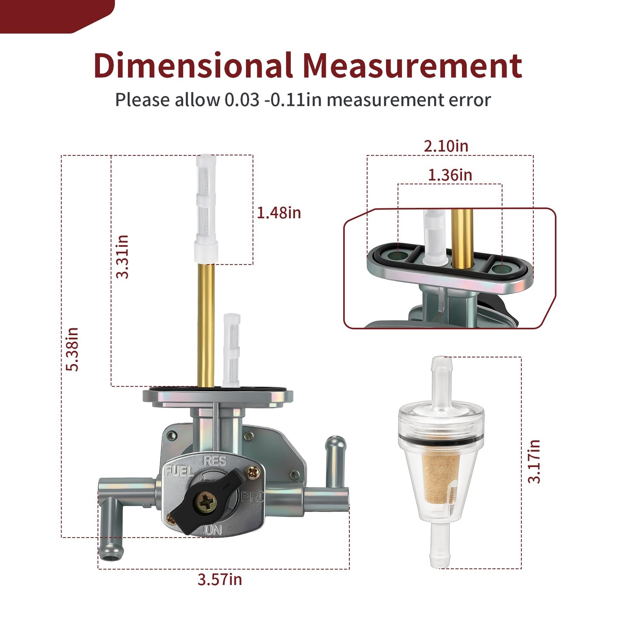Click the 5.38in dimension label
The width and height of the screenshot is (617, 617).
[x=72, y=349]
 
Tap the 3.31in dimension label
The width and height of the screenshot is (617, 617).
[x=122, y=257]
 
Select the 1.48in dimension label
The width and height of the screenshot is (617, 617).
[x=279, y=213]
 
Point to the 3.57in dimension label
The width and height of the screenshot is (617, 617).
[x=219, y=579]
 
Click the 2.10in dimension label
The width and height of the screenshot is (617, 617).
[x=446, y=146]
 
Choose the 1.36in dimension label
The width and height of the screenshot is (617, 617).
[x=450, y=175]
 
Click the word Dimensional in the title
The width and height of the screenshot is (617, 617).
[x=193, y=65]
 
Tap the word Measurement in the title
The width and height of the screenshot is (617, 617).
[x=413, y=66]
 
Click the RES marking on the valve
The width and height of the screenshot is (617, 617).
[x=214, y=461]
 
